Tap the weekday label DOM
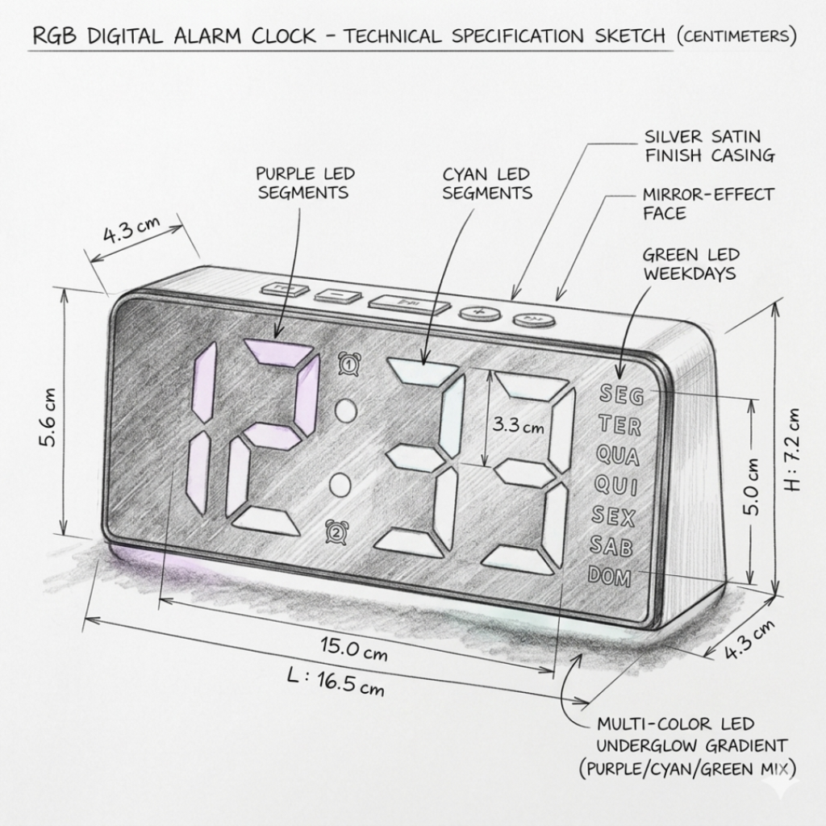coord(610,576)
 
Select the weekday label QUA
coord(617,456)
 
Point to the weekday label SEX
coord(613,516)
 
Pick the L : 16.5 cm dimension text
coord(335,681)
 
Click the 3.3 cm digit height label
coord(518,425)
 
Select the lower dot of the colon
coord(340,485)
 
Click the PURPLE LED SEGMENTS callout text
coord(304,183)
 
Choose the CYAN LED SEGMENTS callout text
coord(487,183)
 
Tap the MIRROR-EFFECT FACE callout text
coord(707,204)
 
